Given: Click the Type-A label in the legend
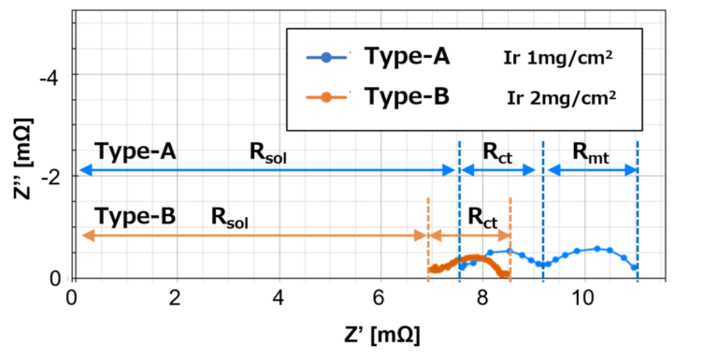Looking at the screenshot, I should [x=406, y=58].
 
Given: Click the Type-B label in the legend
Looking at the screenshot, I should [x=406, y=97].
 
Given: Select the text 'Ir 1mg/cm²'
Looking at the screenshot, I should [x=558, y=58].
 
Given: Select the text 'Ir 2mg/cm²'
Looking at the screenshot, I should [x=561, y=98].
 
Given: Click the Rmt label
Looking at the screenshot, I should [x=590, y=152].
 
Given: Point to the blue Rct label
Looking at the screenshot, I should [x=498, y=152].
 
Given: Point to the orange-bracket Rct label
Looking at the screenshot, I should [x=482, y=220].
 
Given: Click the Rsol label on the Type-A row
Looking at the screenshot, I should [x=267, y=152].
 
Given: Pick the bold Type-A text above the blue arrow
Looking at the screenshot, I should [x=135, y=151].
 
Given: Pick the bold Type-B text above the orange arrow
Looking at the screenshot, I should [x=135, y=216].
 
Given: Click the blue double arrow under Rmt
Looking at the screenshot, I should [x=592, y=171].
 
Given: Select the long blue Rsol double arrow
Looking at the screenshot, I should [x=267, y=171].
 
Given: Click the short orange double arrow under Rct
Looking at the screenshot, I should [x=469, y=236].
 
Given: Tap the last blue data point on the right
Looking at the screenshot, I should [x=634, y=267].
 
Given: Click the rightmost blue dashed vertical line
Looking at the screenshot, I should [x=637, y=211].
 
